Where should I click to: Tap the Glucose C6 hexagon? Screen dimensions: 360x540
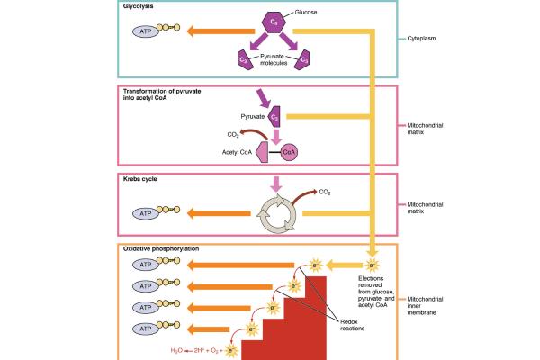pyautogui.click(x=274, y=21)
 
